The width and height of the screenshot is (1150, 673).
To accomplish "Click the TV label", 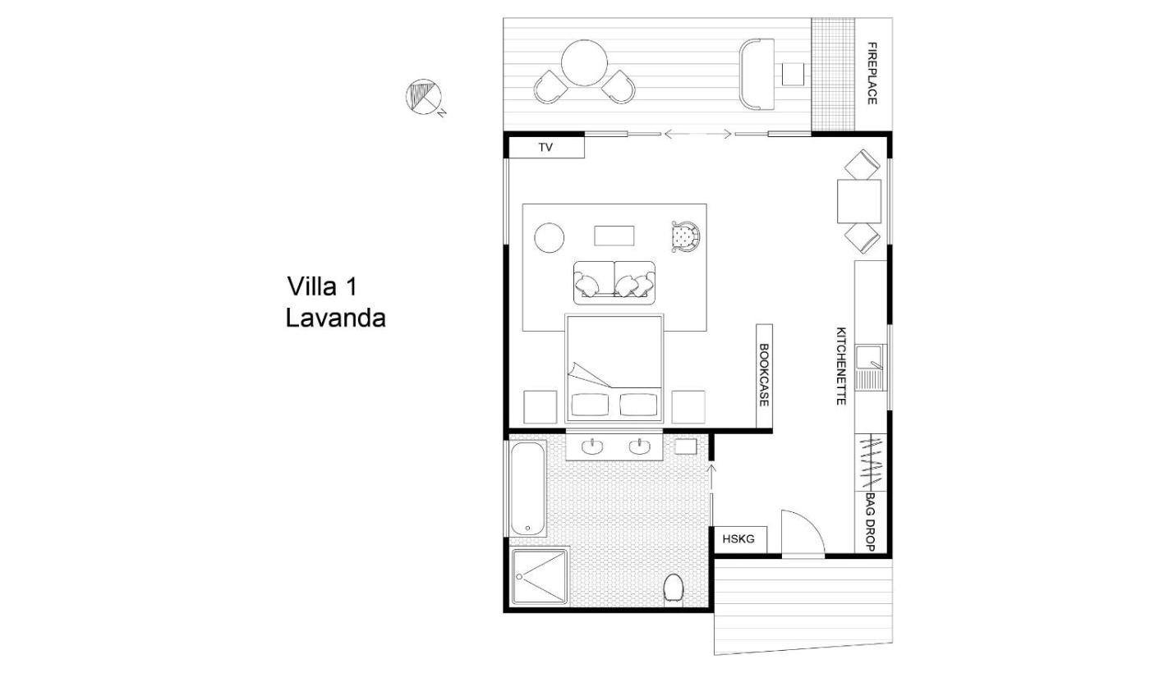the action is click(545, 148).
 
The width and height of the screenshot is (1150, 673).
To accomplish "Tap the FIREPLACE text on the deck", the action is click(872, 73).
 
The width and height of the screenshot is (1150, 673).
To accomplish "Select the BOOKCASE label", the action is click(764, 375).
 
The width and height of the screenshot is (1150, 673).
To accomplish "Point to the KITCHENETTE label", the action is click(841, 366).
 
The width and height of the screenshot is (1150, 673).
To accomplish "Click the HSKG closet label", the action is click(738, 539).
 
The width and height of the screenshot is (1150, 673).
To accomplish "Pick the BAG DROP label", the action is click(870, 522).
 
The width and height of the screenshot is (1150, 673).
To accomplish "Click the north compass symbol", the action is click(424, 98).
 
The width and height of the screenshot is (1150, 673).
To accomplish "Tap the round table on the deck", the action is click(584, 63).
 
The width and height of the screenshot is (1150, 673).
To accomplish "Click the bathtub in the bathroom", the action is click(527, 488).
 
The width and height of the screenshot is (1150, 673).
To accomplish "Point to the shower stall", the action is click(540, 576).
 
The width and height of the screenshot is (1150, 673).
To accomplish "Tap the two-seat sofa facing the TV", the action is click(614, 282).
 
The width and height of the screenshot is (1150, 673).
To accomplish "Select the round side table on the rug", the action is click(550, 237).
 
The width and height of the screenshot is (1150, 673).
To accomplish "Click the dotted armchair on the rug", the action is click(686, 236).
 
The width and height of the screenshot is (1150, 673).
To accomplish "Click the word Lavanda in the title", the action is click(335, 318).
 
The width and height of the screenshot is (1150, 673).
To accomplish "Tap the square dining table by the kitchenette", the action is click(859, 201).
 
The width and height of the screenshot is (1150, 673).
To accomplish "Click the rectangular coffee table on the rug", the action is click(614, 236).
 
